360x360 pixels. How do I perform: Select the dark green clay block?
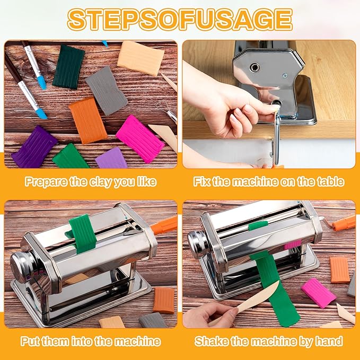[68, 66]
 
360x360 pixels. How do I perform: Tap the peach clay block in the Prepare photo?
[141, 58]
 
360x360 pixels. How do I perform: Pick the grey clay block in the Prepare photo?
[106, 90]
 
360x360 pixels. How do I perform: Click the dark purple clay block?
[34, 146]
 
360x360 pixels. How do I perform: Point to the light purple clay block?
[112, 159]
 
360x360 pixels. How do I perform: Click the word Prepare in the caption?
[46, 182]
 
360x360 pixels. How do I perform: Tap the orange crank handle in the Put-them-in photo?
[164, 225]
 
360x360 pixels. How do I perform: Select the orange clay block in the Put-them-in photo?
[164, 300]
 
